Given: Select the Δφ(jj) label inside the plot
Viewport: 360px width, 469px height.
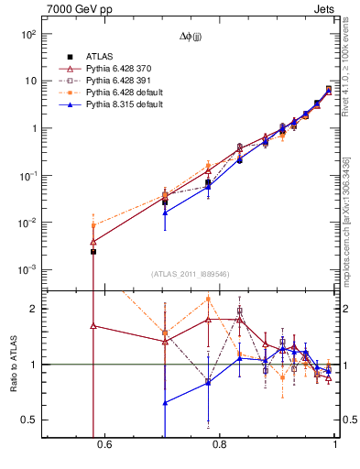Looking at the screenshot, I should [x=192, y=36].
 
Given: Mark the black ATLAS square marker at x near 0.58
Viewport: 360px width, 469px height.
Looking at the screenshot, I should [x=93, y=251].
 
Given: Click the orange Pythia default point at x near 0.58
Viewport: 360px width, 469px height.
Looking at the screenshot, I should [x=93, y=225].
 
